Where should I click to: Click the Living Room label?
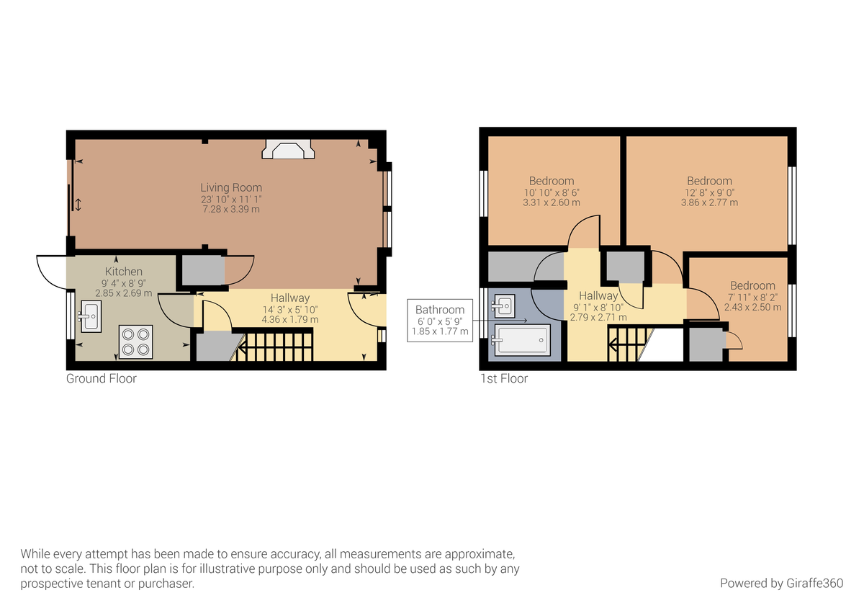231,187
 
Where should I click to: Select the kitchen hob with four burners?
136,342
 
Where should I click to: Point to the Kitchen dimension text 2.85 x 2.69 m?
123,293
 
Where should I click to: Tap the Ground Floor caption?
102,378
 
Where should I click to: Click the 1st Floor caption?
504,378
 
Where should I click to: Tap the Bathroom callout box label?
440,310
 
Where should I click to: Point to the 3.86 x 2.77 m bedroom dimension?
709,203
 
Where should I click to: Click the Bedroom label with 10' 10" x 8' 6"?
552,181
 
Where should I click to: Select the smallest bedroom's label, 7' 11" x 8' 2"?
752,285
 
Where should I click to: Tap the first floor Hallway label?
598,295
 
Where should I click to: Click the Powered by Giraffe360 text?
781,583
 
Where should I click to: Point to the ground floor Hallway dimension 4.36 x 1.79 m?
290,319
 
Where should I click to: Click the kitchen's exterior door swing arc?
50,272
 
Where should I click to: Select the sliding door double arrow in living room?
78,205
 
